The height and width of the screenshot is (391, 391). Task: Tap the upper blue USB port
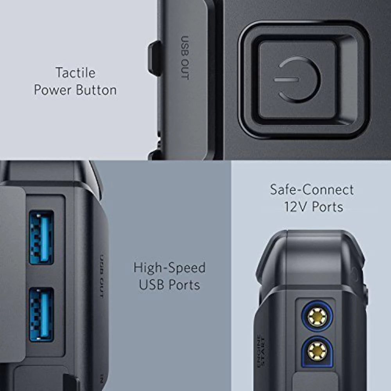(41, 238)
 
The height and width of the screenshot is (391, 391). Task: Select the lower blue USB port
(41, 315)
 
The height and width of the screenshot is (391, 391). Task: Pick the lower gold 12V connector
(317, 350)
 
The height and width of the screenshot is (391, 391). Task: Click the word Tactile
(75, 73)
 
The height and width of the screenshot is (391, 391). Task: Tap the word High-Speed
(169, 268)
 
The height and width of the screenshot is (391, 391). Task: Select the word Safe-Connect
(312, 190)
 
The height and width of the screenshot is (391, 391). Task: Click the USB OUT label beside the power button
(185, 57)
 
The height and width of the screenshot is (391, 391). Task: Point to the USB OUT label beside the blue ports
(101, 276)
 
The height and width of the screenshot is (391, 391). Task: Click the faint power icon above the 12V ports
(354, 275)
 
